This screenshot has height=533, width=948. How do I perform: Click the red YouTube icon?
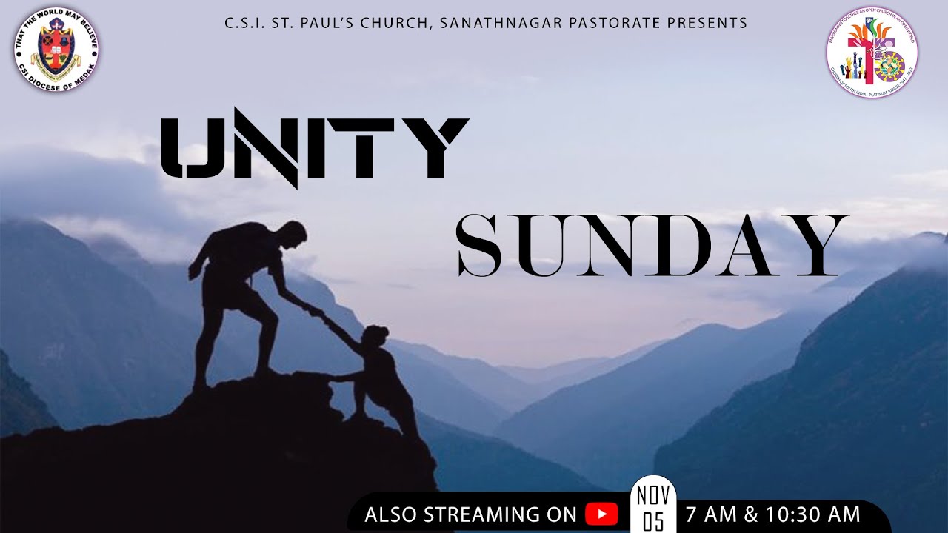[601, 514]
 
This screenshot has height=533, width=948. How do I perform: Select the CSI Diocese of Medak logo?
[56, 50]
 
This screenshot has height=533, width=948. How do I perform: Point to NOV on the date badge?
[653, 494]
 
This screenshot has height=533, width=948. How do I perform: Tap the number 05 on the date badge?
[653, 521]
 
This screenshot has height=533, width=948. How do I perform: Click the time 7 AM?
[712, 514]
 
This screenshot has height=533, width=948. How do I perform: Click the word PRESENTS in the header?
[707, 23]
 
